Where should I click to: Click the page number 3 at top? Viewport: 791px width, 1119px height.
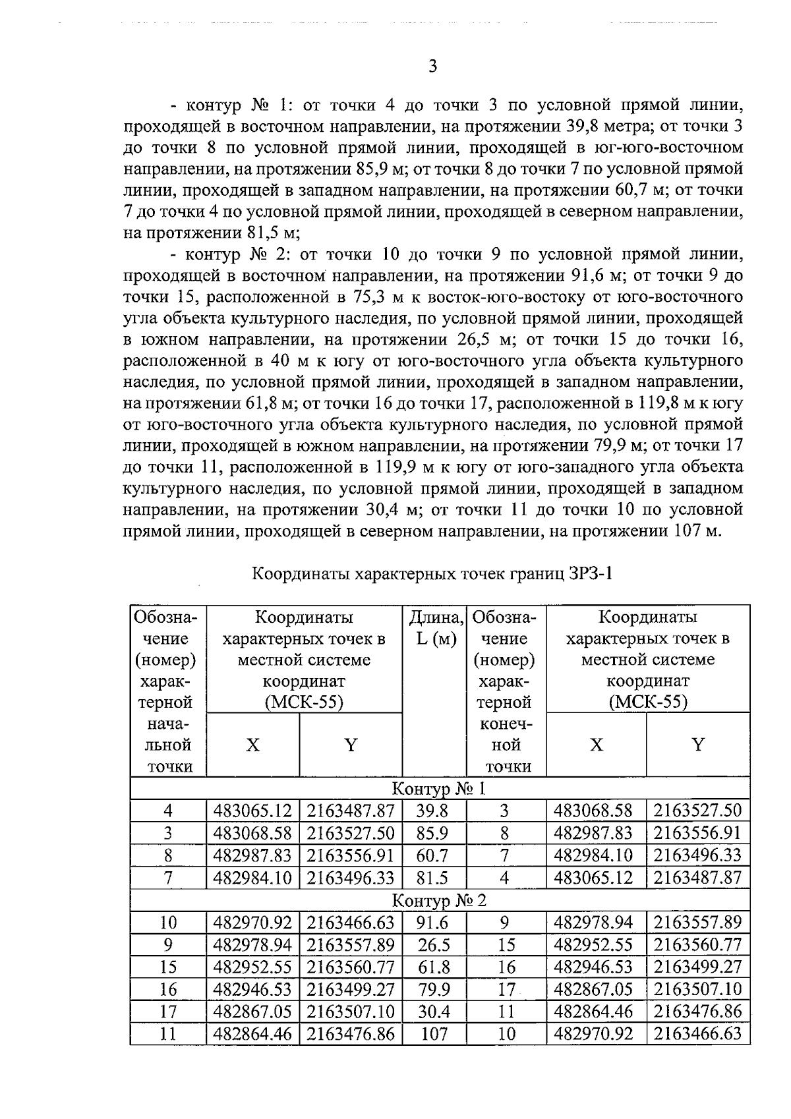(x=432, y=66)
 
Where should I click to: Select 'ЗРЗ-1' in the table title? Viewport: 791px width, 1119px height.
(x=590, y=573)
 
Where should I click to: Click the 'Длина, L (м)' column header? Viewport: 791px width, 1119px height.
(x=434, y=628)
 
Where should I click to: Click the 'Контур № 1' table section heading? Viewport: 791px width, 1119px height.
(x=439, y=788)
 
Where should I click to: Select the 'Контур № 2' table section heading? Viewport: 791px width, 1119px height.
(x=439, y=900)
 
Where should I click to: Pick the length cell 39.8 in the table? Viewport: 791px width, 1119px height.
(x=432, y=811)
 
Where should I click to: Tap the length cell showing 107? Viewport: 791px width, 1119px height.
(x=434, y=1033)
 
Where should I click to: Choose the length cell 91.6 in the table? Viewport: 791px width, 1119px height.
(x=432, y=922)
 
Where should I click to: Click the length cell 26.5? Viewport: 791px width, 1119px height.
(x=434, y=945)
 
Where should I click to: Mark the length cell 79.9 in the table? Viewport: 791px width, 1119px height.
(x=434, y=989)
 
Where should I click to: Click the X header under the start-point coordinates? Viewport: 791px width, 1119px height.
(x=252, y=745)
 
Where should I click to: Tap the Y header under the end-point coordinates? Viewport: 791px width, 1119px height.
(x=697, y=745)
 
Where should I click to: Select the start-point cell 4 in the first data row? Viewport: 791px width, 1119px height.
(x=168, y=811)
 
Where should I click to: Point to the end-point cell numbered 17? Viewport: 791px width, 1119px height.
(x=506, y=989)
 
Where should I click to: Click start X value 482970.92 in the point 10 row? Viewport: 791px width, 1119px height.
(x=252, y=922)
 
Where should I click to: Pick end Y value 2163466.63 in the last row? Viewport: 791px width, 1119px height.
(x=697, y=1033)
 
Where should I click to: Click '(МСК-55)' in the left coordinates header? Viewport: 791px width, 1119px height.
(x=304, y=702)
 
